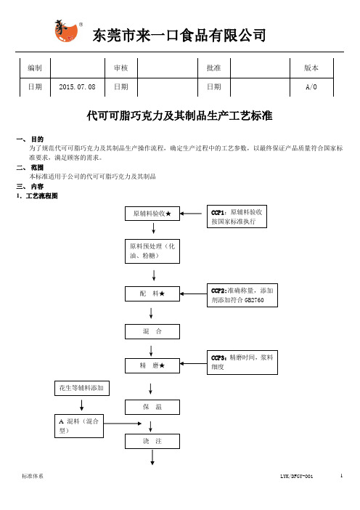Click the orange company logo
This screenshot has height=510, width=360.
click(x=67, y=31)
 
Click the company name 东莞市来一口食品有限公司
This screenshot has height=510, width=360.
click(x=179, y=35)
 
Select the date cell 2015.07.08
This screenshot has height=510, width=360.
click(x=78, y=87)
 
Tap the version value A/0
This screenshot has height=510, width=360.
click(x=311, y=87)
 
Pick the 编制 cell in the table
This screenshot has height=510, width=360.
click(x=35, y=68)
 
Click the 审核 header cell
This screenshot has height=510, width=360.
click(x=121, y=68)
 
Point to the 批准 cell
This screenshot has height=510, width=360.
click(x=214, y=68)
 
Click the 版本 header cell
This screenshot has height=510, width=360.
click(x=311, y=68)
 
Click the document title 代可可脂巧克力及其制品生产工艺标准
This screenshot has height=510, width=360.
click(x=179, y=116)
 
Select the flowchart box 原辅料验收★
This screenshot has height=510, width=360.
click(x=152, y=214)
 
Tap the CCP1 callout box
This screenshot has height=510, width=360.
click(x=237, y=216)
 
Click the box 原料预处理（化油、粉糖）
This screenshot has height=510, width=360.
click(x=152, y=251)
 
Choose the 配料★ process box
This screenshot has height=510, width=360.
click(x=152, y=294)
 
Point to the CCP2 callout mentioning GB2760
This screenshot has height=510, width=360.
click(x=242, y=296)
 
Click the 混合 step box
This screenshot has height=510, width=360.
click(x=152, y=332)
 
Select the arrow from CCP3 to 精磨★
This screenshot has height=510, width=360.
click(x=193, y=364)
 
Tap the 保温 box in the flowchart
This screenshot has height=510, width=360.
click(x=152, y=407)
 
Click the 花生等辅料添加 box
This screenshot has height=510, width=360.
click(x=82, y=388)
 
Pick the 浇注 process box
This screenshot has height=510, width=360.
click(x=152, y=442)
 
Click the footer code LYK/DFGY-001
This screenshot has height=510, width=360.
click(x=297, y=476)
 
